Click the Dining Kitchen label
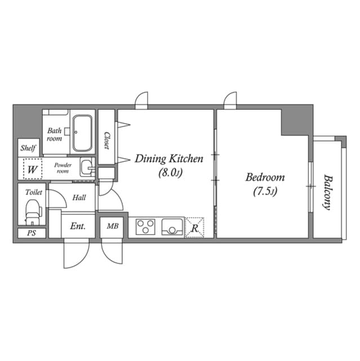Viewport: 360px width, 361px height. click(168, 159)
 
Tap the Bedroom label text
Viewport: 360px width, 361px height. click(265, 177)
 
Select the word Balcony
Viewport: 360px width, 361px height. click(327, 191)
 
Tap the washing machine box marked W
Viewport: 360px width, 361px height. click(32, 169)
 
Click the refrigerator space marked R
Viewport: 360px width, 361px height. click(194, 227)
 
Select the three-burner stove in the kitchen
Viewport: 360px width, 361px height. click(146, 227)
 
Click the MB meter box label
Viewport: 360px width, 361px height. click(113, 227)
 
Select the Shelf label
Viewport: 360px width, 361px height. click(29, 148)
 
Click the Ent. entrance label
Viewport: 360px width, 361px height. click(78, 226)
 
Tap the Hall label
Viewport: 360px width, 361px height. click(79, 198)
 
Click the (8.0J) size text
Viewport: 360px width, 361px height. click(168, 174)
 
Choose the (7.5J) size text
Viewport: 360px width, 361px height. click(264, 191)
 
